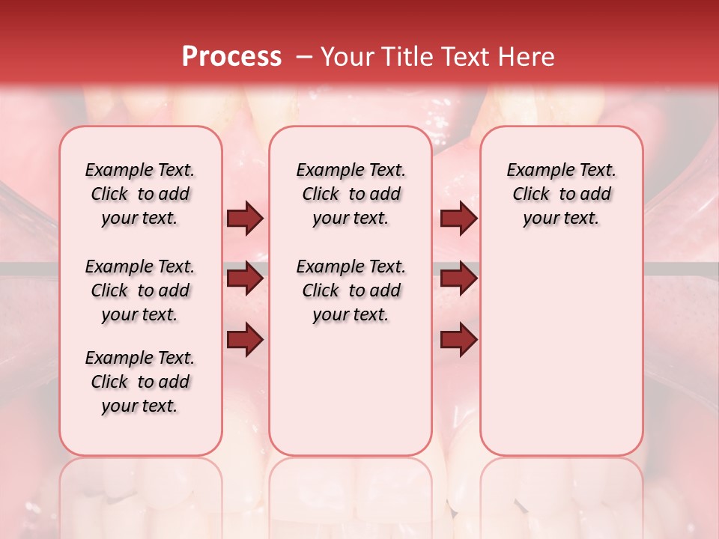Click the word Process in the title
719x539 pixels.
coord(231,57)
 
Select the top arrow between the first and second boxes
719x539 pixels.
coord(245,219)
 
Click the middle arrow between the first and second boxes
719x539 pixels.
coord(245,279)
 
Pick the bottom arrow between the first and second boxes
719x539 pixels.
coord(245,340)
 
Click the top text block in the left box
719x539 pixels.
coord(140,194)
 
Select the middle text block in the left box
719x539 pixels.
coord(140,290)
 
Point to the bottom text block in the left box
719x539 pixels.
coord(140,382)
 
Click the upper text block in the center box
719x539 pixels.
coord(351,194)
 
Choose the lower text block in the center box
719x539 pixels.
coord(351,290)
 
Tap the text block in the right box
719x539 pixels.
coord(562,194)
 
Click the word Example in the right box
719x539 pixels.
coord(535,171)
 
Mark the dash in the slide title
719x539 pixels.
coord(303,57)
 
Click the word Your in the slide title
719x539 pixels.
coord(347,57)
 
